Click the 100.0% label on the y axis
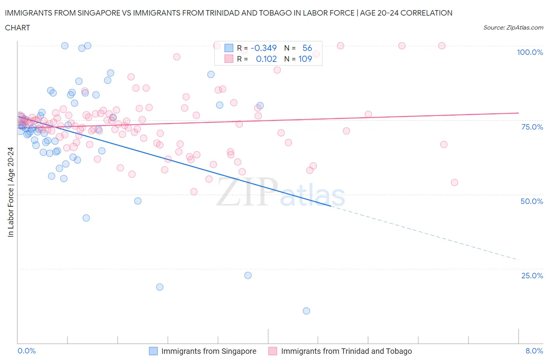(530, 52)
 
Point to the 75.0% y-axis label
(532, 127)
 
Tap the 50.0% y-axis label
(532, 201)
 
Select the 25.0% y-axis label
(532, 276)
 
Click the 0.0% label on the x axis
(27, 351)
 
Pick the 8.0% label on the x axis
(534, 351)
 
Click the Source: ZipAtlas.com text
(513, 28)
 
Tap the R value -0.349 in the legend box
(263, 48)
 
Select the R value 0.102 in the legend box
(266, 59)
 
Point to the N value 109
(305, 59)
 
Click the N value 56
(307, 48)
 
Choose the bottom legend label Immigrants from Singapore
(209, 351)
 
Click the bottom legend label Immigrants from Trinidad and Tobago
(346, 351)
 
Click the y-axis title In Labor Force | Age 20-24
(11, 192)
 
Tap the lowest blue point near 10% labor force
(306, 311)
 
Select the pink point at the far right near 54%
(454, 183)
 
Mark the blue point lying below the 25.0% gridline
(159, 287)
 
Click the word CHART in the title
(18, 28)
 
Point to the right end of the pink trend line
(518, 113)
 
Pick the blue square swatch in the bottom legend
(154, 351)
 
